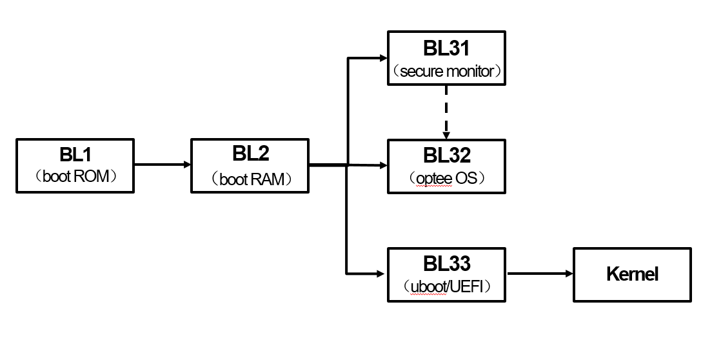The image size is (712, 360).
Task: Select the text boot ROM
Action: (x=75, y=177)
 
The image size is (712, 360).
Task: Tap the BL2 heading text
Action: (x=251, y=154)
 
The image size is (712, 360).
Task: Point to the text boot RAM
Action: (x=251, y=179)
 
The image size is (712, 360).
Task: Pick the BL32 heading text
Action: (x=446, y=155)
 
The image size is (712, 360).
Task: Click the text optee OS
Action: (x=446, y=178)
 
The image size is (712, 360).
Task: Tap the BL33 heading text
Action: (x=446, y=263)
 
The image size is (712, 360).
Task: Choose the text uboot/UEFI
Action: (x=446, y=286)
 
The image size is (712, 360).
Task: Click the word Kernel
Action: (x=632, y=274)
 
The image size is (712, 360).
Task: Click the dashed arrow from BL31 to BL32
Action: (x=446, y=111)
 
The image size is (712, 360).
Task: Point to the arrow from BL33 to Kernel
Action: (x=539, y=274)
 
